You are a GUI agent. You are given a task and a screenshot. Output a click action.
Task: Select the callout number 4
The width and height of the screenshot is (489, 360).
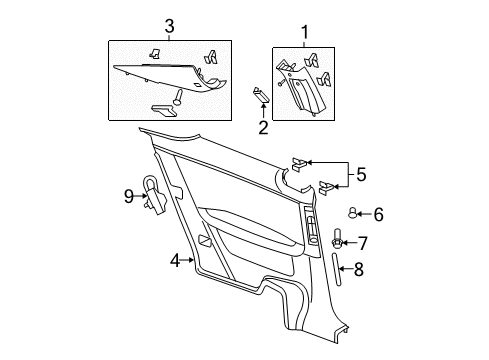pos(175,261)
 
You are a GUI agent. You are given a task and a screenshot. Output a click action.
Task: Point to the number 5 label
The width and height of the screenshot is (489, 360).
pos(361,174)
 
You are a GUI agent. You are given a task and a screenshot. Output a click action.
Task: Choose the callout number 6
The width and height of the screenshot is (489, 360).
pos(378,213)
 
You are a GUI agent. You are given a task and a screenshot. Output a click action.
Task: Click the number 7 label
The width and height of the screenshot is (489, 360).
pos(363,243)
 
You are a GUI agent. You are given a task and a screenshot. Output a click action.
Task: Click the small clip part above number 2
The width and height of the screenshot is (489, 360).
pos(261,95)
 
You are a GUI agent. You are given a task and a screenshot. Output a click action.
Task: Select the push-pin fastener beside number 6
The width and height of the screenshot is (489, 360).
pos(353,212)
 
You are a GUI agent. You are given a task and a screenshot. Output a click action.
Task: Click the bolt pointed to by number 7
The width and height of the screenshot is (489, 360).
pos(338,241)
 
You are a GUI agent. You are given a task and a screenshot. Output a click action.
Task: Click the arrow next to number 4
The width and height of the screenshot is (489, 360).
pos(190,261)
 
